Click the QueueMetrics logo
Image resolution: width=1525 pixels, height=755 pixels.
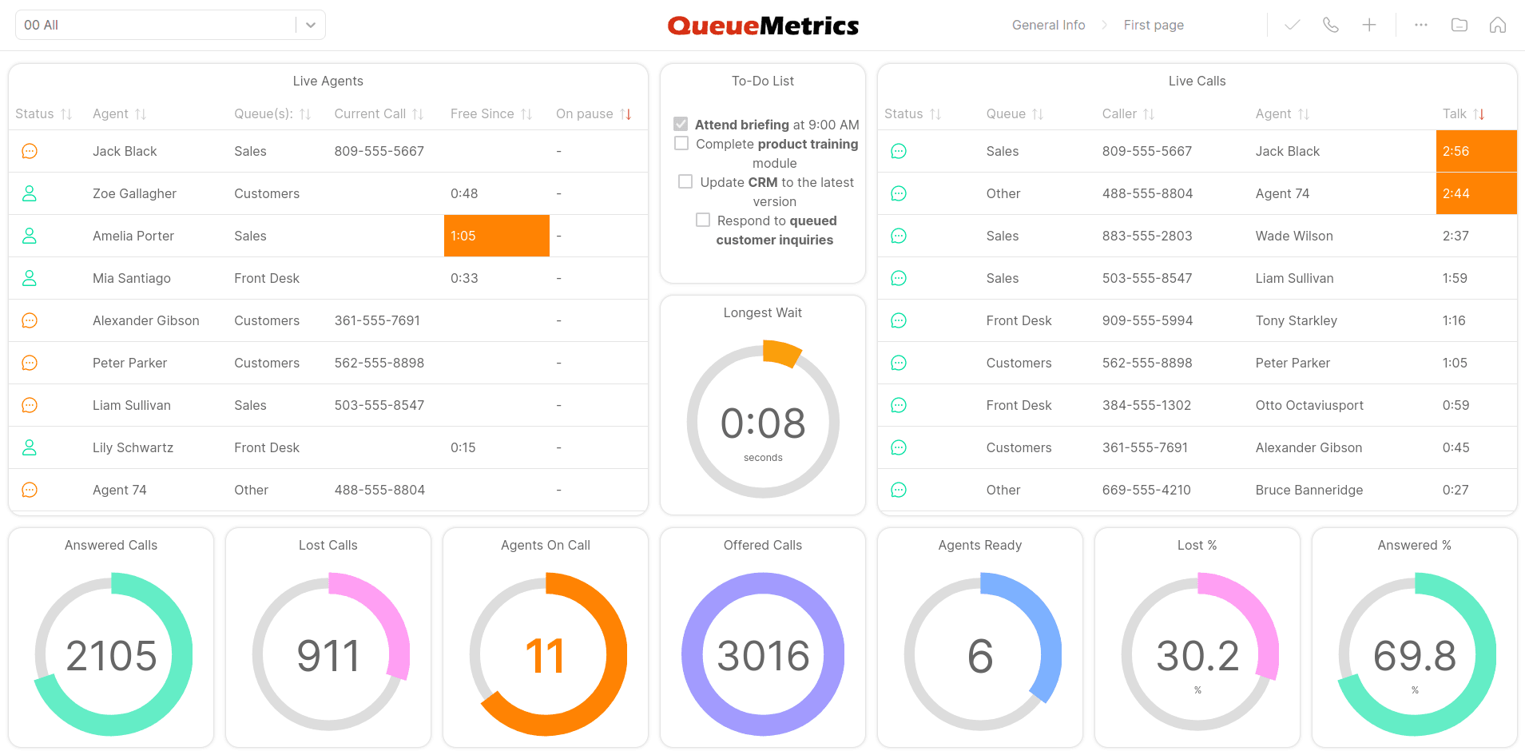pyautogui.click(x=763, y=26)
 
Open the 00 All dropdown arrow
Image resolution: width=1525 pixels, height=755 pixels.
pyautogui.click(x=311, y=25)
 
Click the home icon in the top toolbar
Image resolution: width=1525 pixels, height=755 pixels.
pyautogui.click(x=1498, y=25)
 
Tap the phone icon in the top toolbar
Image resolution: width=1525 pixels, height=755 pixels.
pyautogui.click(x=1331, y=25)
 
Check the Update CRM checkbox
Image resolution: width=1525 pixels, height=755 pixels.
pyautogui.click(x=685, y=181)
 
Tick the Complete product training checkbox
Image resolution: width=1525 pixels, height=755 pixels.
pyautogui.click(x=681, y=143)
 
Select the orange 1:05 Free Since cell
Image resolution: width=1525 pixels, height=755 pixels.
pyautogui.click(x=496, y=236)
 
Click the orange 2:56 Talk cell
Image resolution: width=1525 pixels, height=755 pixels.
pyautogui.click(x=1475, y=151)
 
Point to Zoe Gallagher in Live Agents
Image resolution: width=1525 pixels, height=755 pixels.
pyautogui.click(x=134, y=193)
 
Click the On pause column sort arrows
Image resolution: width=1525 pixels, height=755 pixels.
pyautogui.click(x=626, y=114)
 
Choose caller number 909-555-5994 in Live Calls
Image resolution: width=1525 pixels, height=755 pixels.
pyautogui.click(x=1147, y=320)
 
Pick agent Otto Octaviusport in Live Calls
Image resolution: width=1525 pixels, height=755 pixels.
pyautogui.click(x=1309, y=405)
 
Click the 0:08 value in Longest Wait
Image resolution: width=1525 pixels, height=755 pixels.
pyautogui.click(x=763, y=423)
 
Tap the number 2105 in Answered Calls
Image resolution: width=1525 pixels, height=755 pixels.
pyautogui.click(x=111, y=656)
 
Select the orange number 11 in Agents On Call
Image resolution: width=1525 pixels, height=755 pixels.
pyautogui.click(x=546, y=656)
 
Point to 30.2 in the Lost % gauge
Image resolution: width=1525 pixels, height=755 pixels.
pyautogui.click(x=1197, y=656)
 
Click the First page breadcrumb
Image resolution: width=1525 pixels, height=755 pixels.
pyautogui.click(x=1154, y=25)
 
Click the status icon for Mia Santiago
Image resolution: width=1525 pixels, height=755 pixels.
pyautogui.click(x=30, y=278)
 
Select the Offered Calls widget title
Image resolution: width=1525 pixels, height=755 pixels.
pyautogui.click(x=763, y=545)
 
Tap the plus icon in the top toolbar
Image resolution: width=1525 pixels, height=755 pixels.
pyautogui.click(x=1369, y=25)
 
